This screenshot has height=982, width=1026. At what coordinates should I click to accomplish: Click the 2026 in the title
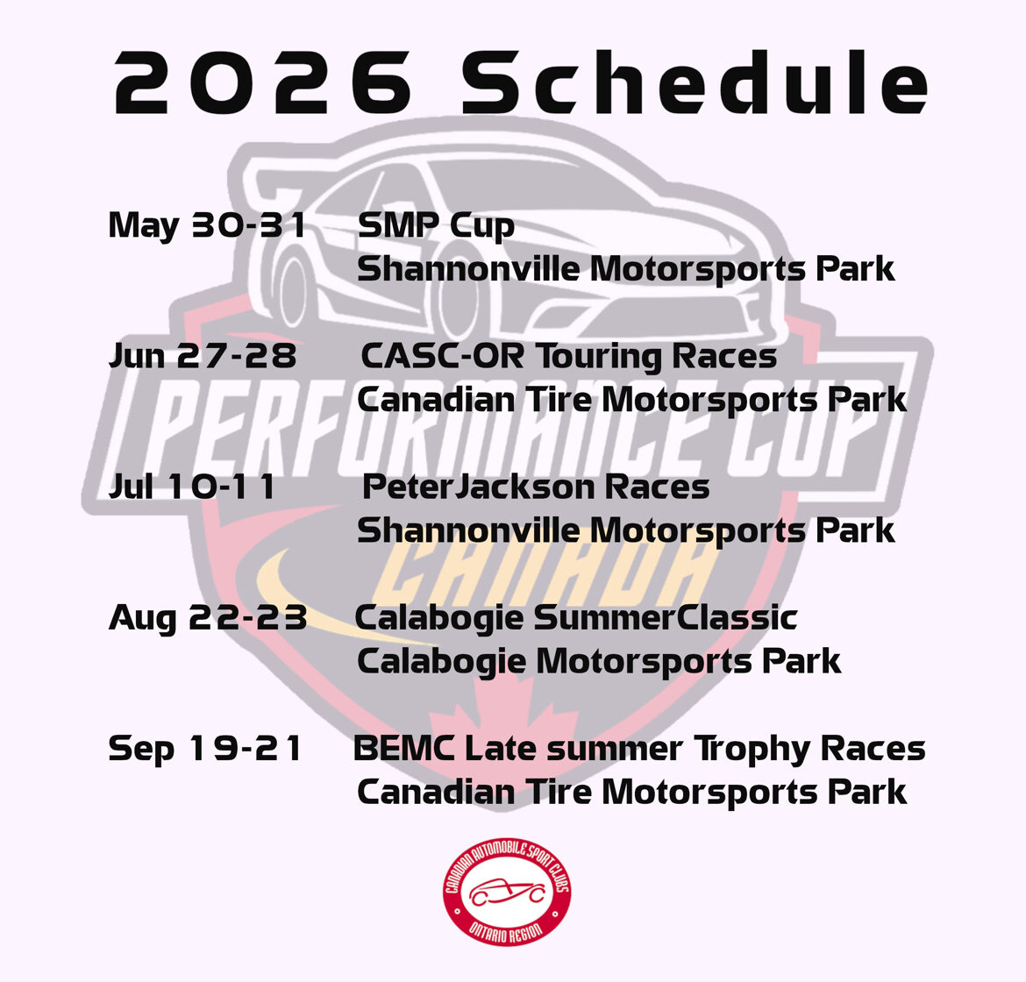point(264,83)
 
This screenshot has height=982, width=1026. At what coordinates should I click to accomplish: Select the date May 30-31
point(207,226)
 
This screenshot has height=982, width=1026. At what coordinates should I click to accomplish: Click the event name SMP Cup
point(436,226)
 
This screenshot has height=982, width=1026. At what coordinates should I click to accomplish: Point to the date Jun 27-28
point(203,357)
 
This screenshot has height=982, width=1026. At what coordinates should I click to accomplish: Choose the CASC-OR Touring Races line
point(568,357)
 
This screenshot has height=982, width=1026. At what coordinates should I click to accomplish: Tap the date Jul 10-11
point(192,487)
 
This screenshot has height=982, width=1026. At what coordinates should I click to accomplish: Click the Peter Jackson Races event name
point(536,487)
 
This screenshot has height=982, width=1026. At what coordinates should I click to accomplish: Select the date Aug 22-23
point(208,619)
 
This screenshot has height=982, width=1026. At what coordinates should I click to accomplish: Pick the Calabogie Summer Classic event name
point(576,619)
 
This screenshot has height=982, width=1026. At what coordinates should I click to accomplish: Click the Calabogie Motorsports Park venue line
point(599,662)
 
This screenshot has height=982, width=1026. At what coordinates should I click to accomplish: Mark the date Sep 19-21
point(205,750)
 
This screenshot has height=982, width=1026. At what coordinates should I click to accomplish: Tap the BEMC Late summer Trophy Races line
point(639,750)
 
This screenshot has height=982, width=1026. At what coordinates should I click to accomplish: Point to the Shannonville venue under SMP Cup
point(625,269)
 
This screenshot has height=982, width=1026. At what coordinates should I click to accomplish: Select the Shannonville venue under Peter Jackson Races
point(625,531)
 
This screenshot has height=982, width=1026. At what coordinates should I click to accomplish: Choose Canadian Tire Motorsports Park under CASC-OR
point(631,401)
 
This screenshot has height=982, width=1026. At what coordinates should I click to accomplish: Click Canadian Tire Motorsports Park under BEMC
point(631,793)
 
